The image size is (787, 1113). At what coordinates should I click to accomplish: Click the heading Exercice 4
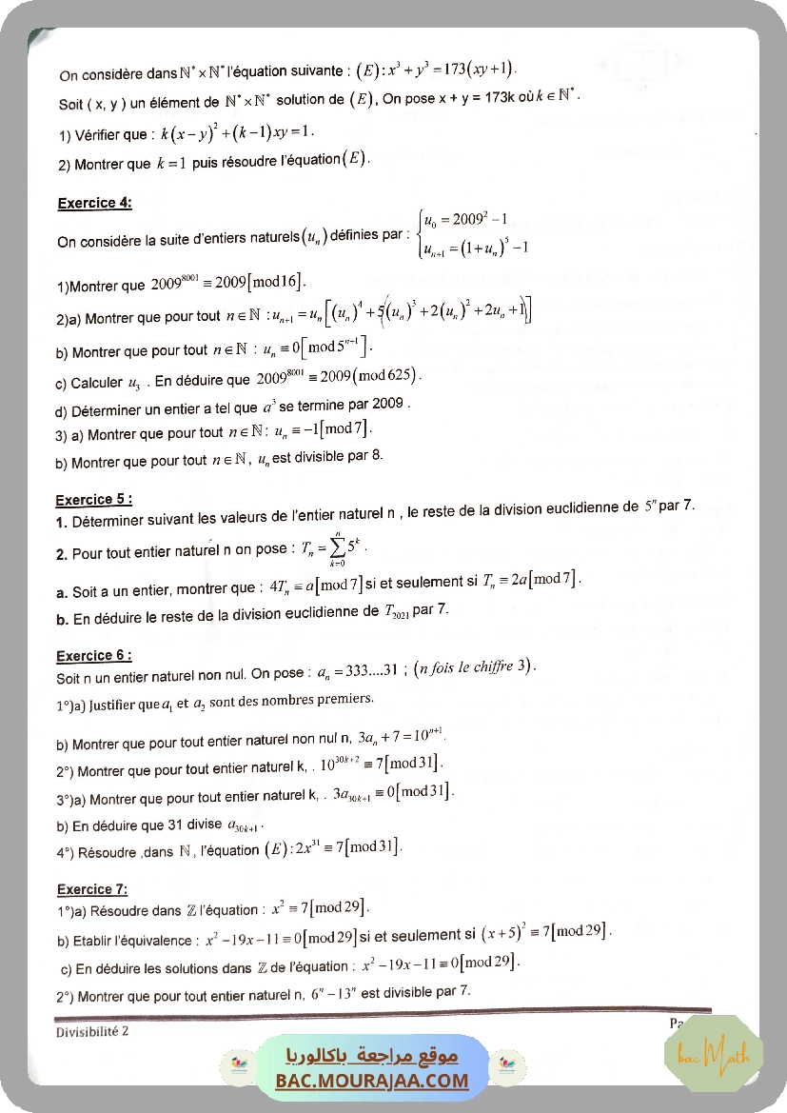pos(94,203)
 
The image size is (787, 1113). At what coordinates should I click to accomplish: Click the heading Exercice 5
pos(93,500)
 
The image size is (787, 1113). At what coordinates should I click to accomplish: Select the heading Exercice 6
pos(93,656)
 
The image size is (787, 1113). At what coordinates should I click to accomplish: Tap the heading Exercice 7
pos(91,889)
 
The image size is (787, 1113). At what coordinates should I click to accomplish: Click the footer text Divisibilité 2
pos(92,1031)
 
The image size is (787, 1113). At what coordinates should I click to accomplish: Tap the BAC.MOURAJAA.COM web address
pos(372,1081)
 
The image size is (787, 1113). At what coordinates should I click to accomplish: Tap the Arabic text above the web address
pos(372,1055)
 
